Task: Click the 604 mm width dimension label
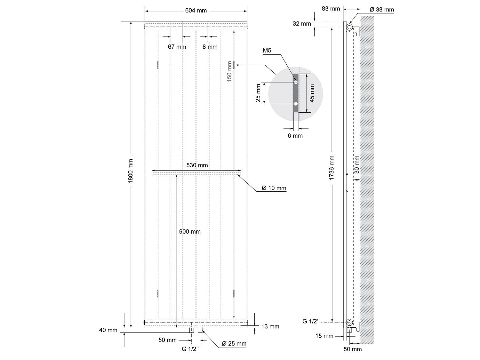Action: click(x=196, y=11)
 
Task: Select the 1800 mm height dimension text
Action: click(x=131, y=171)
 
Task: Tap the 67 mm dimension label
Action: click(x=177, y=47)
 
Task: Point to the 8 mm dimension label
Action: click(x=210, y=47)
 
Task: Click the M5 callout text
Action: click(x=267, y=51)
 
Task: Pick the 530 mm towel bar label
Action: click(x=197, y=165)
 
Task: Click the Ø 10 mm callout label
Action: click(x=274, y=188)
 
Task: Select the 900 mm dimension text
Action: click(x=190, y=231)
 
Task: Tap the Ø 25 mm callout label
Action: click(x=234, y=344)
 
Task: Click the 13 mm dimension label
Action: click(x=270, y=326)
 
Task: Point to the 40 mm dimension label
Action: click(x=108, y=330)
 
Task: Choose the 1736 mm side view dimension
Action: click(x=332, y=168)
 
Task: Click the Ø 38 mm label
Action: click(x=382, y=10)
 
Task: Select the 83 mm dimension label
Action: click(x=331, y=9)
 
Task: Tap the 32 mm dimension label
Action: click(x=302, y=23)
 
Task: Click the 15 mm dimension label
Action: click(x=324, y=336)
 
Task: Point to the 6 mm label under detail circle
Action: click(x=295, y=136)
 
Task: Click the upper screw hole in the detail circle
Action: click(x=296, y=82)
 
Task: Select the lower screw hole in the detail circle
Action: click(x=296, y=104)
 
